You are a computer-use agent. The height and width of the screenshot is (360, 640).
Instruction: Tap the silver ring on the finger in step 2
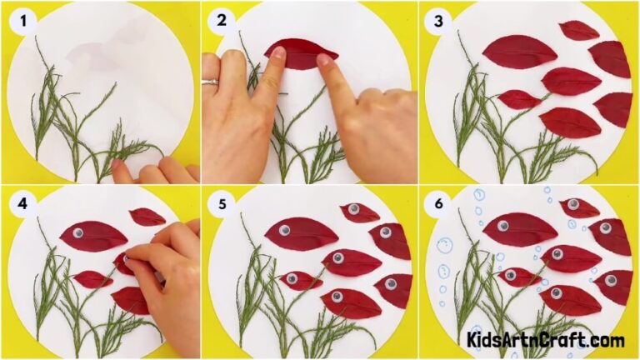(213, 82)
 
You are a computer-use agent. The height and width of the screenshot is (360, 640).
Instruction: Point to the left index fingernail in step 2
(276, 55)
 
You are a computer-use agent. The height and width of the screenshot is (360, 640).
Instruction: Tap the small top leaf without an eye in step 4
(147, 217)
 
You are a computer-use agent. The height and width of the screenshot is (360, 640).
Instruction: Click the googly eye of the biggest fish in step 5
(285, 230)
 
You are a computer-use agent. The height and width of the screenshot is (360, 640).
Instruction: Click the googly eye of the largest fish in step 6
(503, 224)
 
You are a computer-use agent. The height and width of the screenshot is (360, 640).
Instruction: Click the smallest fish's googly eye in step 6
(510, 275)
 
